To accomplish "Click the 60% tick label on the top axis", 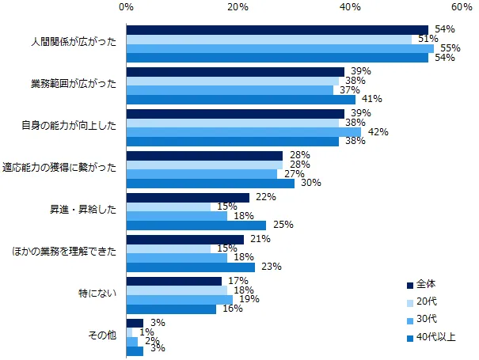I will point(462,7).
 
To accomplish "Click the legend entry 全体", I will point(427,285).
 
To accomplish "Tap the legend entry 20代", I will point(426,302).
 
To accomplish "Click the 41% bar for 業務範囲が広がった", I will point(241,100).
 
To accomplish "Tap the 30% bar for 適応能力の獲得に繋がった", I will point(210,184).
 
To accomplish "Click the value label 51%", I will point(424,39).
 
